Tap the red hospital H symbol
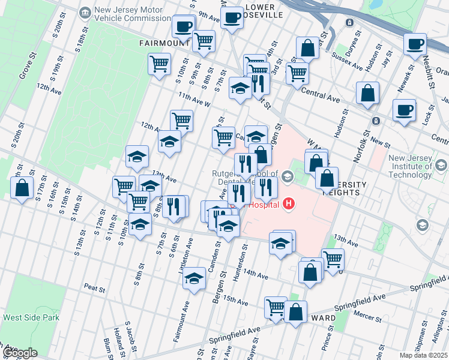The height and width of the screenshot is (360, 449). (289, 204)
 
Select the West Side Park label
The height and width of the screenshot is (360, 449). (31, 317)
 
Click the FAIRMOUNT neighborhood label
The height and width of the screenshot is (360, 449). (164, 43)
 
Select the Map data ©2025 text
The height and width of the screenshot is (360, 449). (423, 355)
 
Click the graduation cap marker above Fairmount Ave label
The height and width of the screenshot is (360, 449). (194, 278)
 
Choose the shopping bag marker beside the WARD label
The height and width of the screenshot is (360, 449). (295, 312)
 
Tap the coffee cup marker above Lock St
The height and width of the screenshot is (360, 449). (405, 110)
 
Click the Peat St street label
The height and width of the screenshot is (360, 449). (95, 289)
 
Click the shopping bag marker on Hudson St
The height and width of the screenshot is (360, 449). (367, 93)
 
